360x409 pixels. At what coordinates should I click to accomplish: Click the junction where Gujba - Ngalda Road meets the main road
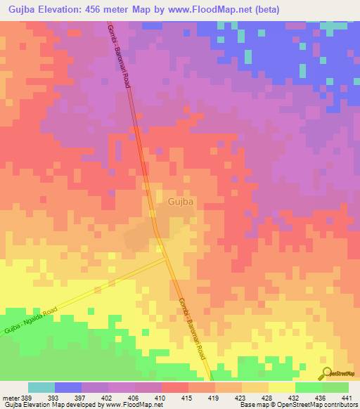pos(167,257)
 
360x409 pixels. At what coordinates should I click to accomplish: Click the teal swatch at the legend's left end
pos(41,387)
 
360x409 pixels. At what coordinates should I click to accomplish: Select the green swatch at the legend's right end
pos(335,387)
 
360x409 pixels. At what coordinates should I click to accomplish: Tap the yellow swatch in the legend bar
pos(282,387)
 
